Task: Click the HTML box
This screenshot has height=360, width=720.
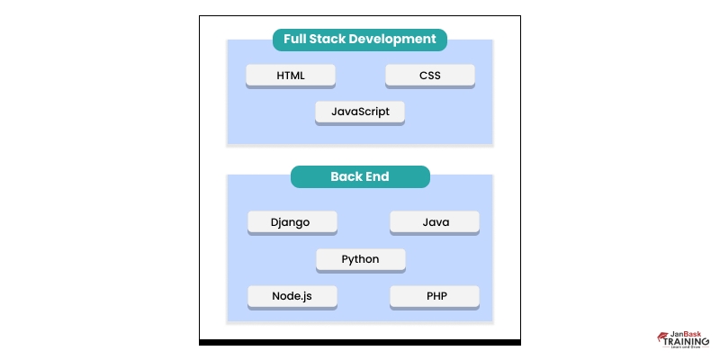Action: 291,76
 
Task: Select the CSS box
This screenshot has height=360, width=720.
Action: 430,76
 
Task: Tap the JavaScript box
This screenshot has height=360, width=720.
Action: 360,112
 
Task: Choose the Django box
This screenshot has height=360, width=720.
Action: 292,222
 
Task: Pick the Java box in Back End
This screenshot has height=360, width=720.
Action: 435,222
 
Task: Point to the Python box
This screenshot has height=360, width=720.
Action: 360,259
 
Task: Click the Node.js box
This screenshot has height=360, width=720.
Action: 292,296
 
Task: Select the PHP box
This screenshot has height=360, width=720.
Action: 435,296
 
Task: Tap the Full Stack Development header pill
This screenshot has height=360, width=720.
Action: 360,40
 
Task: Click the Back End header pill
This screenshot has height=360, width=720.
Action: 360,177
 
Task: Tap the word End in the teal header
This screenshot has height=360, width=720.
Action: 377,177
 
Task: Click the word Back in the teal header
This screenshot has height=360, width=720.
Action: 346,177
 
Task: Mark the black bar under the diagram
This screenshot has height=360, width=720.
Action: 360,342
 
